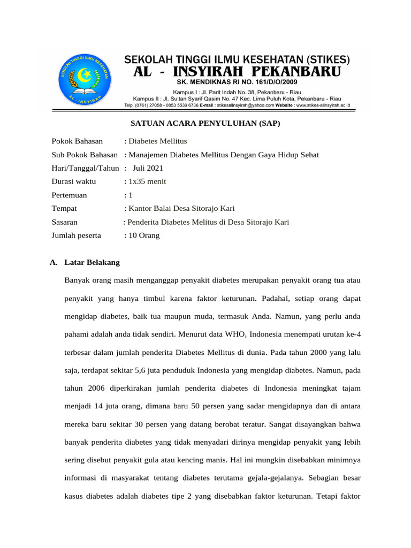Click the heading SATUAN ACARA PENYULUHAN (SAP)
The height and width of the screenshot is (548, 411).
coord(205,124)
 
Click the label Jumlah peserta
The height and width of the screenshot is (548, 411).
coord(79,235)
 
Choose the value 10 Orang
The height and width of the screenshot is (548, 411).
coord(143,235)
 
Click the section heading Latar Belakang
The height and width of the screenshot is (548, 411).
coord(92,263)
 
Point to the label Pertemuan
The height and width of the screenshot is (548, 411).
coord(69,195)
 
